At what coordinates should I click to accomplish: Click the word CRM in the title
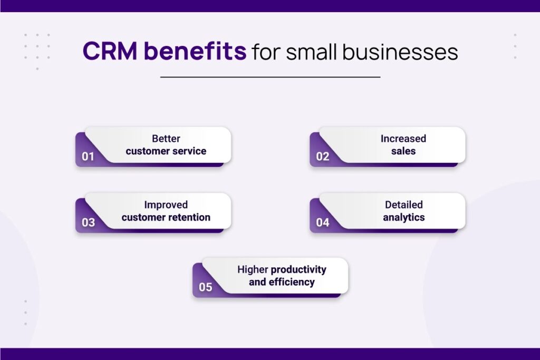coord(110,51)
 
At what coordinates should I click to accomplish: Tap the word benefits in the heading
coord(195,51)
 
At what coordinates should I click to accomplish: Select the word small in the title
coord(311,52)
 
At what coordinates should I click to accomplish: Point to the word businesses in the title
coord(400,52)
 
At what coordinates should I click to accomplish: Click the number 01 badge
coord(88,157)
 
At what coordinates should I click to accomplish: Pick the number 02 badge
coord(323,157)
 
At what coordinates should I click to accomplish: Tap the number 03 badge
coord(88,222)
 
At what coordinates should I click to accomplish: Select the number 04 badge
coord(323,222)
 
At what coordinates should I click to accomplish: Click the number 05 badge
coord(206,287)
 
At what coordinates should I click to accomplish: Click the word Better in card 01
coord(166,138)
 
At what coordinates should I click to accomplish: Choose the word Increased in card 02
coord(403,138)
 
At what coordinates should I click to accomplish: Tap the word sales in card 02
coord(403,151)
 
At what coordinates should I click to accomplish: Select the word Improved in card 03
coord(166,205)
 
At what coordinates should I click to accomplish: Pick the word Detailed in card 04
coord(403,205)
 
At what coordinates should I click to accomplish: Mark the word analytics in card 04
coord(403,218)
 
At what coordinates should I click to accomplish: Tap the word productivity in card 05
coord(298,269)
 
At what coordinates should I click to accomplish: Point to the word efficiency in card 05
coord(292,282)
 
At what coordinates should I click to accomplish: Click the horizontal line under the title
coord(271,77)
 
